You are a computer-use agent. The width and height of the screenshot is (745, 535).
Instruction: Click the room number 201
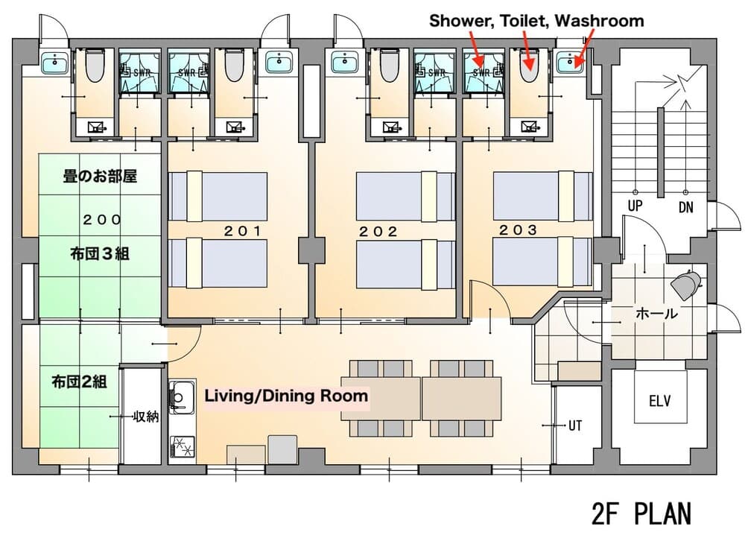pyautogui.click(x=244, y=231)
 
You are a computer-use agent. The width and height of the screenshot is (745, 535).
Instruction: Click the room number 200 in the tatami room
pyautogui.click(x=102, y=220)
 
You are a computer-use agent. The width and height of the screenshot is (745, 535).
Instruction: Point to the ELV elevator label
pyautogui.click(x=659, y=402)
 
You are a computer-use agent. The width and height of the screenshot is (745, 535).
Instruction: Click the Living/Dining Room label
pyautogui.click(x=287, y=396)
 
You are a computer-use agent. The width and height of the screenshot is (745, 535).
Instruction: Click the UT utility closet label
pyautogui.click(x=575, y=426)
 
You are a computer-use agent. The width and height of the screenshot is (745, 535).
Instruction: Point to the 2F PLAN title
pyautogui.click(x=641, y=513)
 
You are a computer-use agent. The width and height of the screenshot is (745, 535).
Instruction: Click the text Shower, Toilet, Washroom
pyautogui.click(x=536, y=21)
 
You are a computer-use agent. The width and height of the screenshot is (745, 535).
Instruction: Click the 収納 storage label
pyautogui.click(x=146, y=417)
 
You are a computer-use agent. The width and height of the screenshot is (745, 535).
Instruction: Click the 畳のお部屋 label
pyautogui.click(x=100, y=177)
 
